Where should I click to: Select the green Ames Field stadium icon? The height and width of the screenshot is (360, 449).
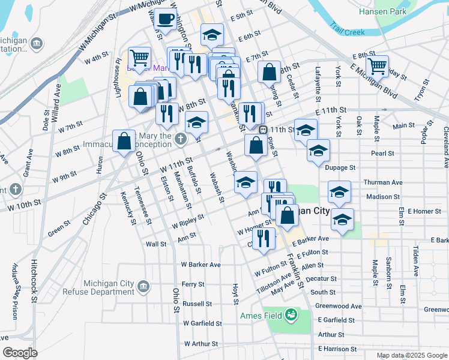pos(291,314)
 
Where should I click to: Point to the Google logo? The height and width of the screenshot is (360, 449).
pos(20,353)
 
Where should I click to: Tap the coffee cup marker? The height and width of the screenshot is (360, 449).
pos(165,19)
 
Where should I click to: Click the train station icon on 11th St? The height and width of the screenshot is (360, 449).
pos(262,129)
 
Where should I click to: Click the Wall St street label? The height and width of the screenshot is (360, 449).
pos(155,244)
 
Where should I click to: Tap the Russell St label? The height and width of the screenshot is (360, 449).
pos(197,304)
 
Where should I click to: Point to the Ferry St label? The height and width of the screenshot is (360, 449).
pos(193,284)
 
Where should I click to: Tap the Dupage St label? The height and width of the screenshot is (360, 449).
pos(340,168)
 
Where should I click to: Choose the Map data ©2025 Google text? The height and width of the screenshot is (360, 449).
pos(411,355)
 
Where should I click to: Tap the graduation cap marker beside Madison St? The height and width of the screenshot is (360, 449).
pos(339,192)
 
